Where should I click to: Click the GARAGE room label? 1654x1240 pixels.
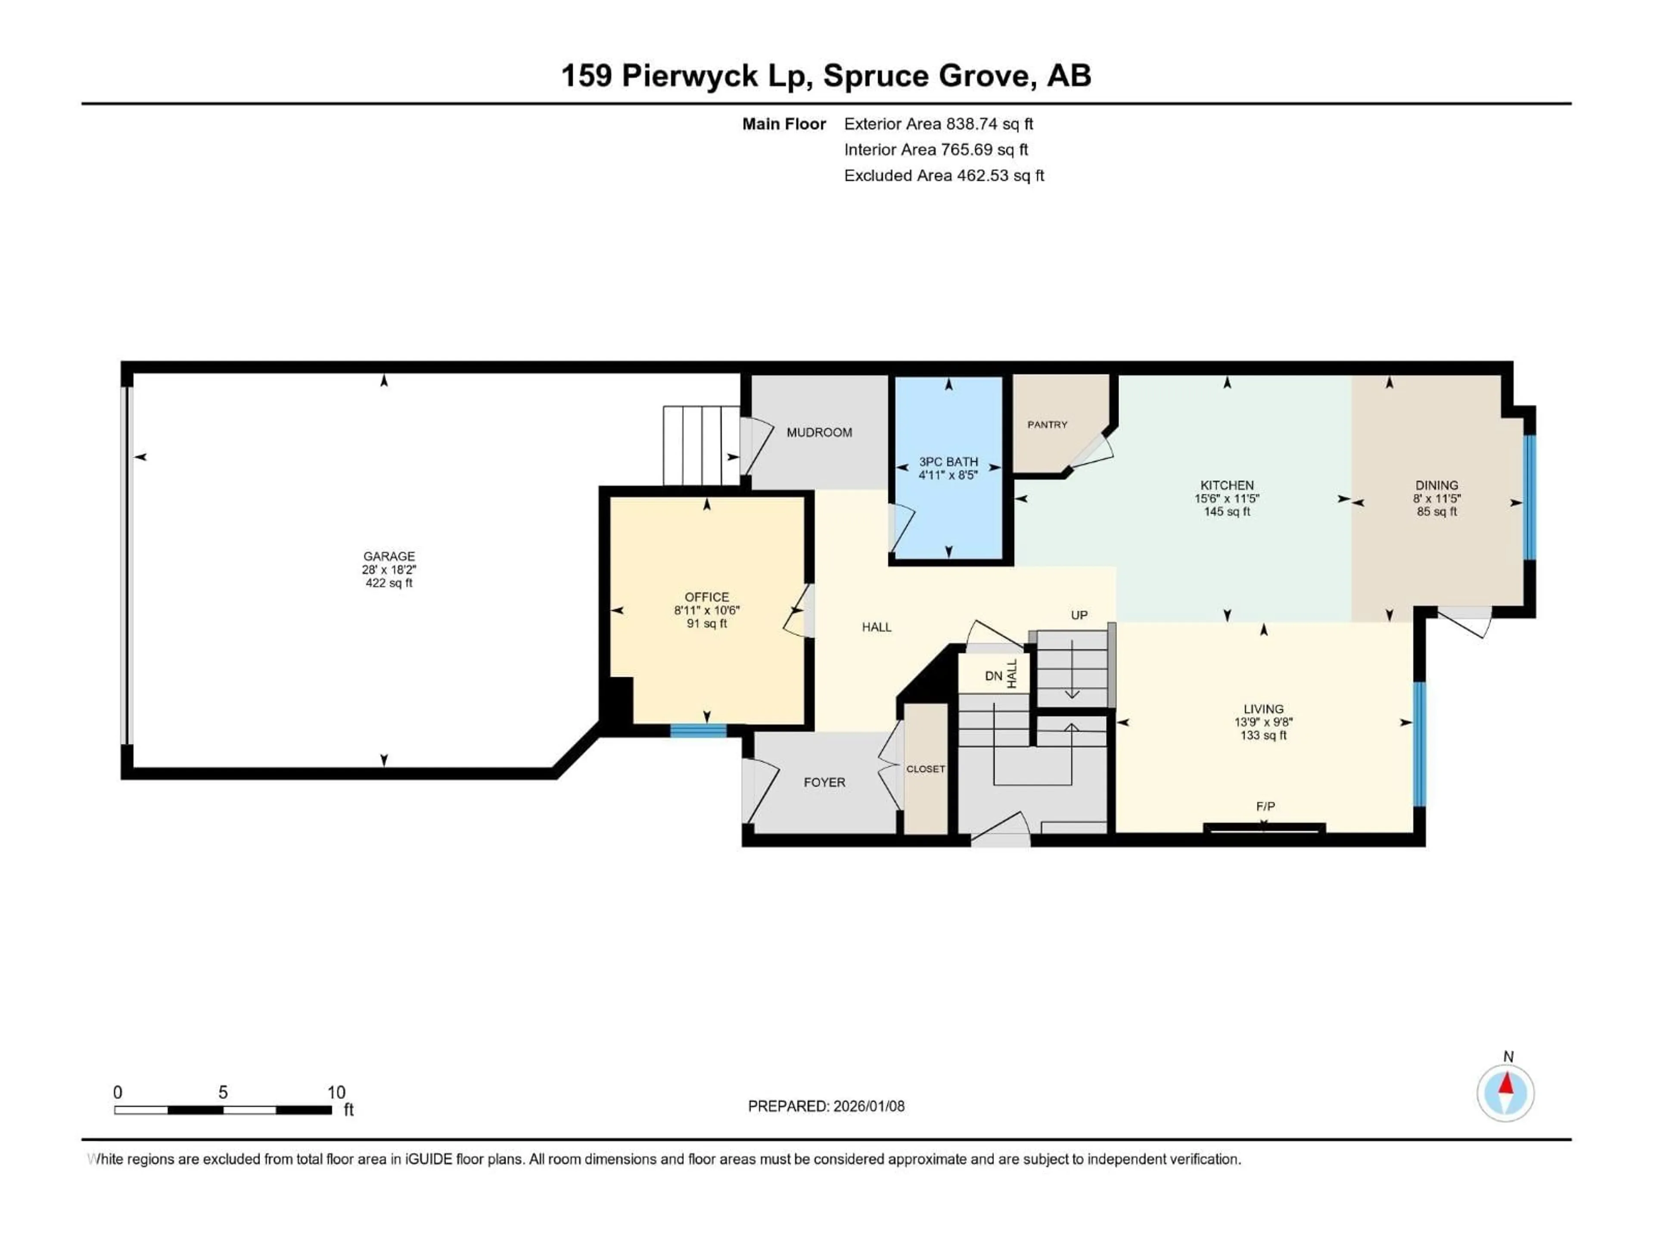coord(389,556)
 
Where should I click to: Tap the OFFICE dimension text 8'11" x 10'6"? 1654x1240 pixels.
coord(707,611)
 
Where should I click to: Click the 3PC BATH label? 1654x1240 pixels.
coord(948,462)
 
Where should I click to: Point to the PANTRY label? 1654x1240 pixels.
coord(1047,425)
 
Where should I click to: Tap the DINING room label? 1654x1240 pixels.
coord(1436,485)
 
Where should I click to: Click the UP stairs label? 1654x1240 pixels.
coord(1079,615)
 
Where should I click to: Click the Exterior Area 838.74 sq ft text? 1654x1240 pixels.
coord(939,124)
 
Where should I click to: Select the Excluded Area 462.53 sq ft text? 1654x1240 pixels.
coord(944,176)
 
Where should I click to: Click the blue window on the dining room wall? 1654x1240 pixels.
coord(1530,497)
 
